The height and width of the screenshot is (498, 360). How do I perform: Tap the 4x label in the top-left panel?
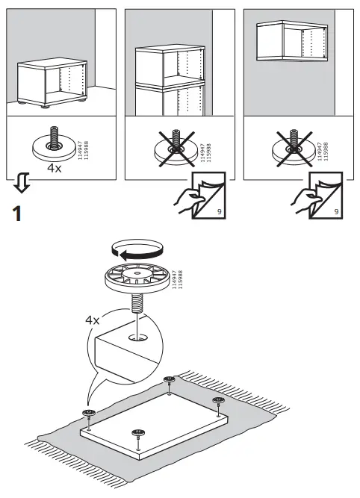point(55,169)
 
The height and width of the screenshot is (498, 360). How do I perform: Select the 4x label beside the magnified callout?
point(93,320)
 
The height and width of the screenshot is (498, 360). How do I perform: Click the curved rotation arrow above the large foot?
point(134,249)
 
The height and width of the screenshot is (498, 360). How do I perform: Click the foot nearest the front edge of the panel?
point(137,434)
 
